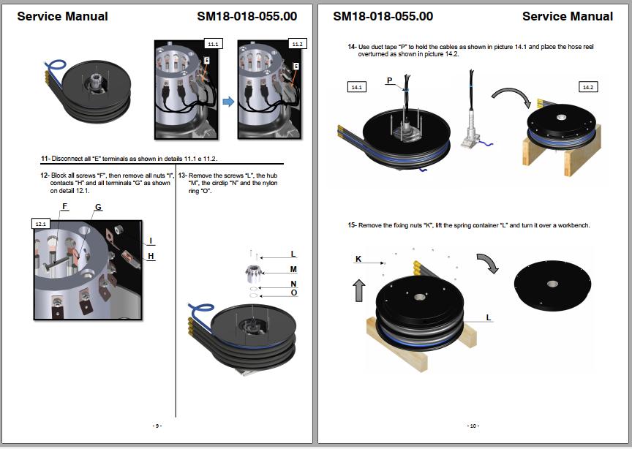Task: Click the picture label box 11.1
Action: [x=213, y=44]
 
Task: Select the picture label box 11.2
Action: [x=297, y=44]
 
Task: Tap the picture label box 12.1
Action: [x=41, y=224]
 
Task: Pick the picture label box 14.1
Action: [x=357, y=87]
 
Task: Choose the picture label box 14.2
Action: [x=588, y=87]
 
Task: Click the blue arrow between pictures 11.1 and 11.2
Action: [x=228, y=101]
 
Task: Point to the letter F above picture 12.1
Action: [x=64, y=206]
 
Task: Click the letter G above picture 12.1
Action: [x=98, y=207]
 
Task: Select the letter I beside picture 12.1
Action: [x=151, y=241]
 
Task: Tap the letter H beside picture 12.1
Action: [x=151, y=256]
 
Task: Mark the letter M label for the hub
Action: [x=293, y=269]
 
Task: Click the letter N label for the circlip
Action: [x=293, y=284]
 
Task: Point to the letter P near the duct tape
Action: [x=389, y=80]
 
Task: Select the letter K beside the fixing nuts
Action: [x=358, y=259]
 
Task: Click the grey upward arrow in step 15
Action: [x=358, y=290]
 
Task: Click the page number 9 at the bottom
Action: [x=157, y=426]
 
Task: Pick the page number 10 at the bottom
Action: [x=473, y=426]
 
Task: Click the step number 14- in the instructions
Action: [x=352, y=47]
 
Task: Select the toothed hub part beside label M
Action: [x=254, y=273]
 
